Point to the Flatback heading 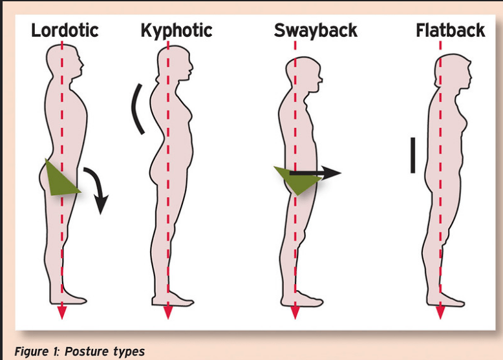[450, 30]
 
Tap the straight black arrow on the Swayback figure [315, 173]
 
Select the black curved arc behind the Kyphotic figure [137, 109]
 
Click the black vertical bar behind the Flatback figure [412, 155]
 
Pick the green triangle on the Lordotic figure [59, 179]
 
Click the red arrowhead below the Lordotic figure [62, 312]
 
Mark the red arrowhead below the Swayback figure [295, 312]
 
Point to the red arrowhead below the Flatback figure [440, 312]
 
